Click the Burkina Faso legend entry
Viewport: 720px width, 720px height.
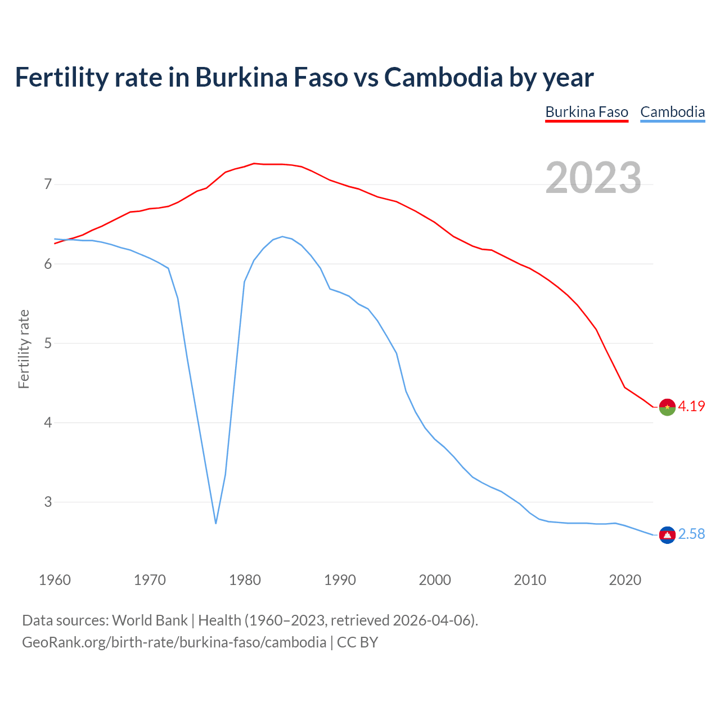[x=587, y=112]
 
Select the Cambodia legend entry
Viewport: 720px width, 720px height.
[x=672, y=112]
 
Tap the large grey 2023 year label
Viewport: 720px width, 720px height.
[x=593, y=178]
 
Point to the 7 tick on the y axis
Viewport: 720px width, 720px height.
[x=48, y=184]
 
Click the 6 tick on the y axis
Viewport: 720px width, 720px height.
[x=48, y=264]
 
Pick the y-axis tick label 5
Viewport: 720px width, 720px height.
[x=48, y=343]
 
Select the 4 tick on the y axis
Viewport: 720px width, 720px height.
[x=48, y=422]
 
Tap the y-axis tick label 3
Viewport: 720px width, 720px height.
[x=48, y=502]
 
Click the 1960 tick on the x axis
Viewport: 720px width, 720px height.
[x=55, y=580]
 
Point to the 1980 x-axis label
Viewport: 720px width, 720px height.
[x=245, y=580]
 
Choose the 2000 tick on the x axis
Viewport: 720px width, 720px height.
[x=435, y=580]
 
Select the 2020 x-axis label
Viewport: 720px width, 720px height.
[x=625, y=580]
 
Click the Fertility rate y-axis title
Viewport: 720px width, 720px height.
[x=24, y=349]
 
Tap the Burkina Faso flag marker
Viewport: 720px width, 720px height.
[x=667, y=407]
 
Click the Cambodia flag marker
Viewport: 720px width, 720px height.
[x=667, y=535]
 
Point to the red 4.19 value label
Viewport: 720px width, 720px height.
[x=691, y=406]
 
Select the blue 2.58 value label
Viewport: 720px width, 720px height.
[x=691, y=534]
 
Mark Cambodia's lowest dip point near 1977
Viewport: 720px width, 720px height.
[x=216, y=523]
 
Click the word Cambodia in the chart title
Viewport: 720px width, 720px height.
[x=443, y=78]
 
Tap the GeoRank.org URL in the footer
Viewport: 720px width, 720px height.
[x=174, y=642]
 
